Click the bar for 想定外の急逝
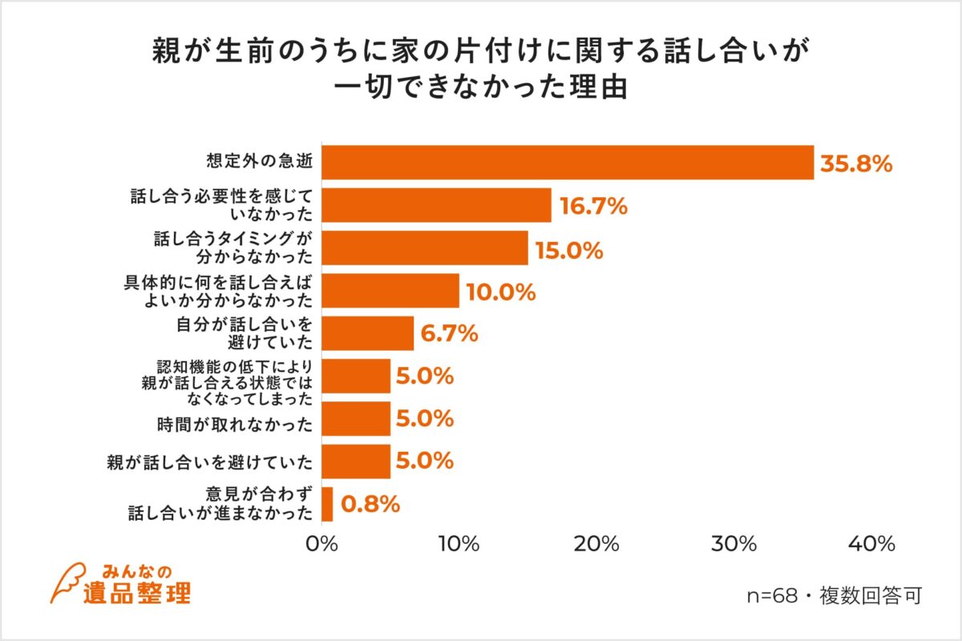click(x=568, y=163)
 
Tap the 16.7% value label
click(x=593, y=206)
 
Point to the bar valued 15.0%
click(x=425, y=248)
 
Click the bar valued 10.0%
click(x=390, y=291)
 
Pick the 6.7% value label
click(x=450, y=333)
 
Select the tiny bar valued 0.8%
click(x=327, y=504)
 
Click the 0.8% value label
click(x=370, y=504)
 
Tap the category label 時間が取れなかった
click(x=232, y=419)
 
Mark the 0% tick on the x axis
click(x=321, y=544)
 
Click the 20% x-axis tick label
click(x=597, y=544)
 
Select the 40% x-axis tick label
click(x=872, y=544)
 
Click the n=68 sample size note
click(x=834, y=596)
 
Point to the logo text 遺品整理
click(x=136, y=593)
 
